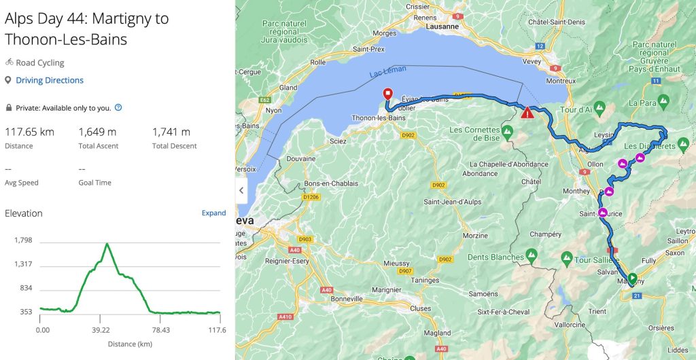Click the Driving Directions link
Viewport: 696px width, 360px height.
click(50, 80)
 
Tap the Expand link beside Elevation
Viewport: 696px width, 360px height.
click(213, 213)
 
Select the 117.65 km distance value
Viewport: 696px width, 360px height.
click(29, 132)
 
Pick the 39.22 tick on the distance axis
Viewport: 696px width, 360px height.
click(101, 330)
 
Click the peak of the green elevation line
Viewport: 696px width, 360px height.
click(107, 243)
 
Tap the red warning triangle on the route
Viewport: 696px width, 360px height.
click(527, 113)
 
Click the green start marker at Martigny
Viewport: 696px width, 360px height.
click(633, 277)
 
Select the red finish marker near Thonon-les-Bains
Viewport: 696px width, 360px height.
click(387, 94)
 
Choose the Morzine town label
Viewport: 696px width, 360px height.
click(476, 236)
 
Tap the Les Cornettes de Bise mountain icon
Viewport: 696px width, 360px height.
click(507, 130)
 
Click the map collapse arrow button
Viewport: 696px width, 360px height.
click(241, 191)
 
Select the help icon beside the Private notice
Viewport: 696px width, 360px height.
click(118, 107)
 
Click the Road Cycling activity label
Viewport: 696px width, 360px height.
click(40, 62)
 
